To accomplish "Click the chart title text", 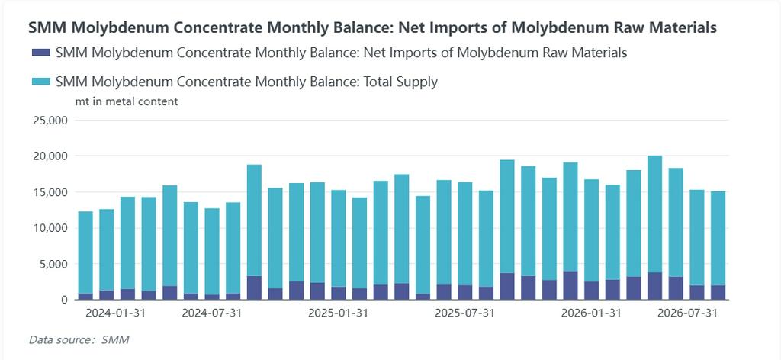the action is (x=372, y=27).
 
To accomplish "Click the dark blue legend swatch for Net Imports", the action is (x=40, y=53).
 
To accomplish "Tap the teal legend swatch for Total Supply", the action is (x=40, y=81).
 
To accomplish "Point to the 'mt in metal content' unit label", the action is (x=127, y=101).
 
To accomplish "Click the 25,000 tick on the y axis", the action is (x=50, y=120).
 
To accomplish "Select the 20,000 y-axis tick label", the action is (x=50, y=156).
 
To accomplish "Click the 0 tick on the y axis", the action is (x=64, y=300).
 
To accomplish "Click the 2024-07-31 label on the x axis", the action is (x=212, y=313).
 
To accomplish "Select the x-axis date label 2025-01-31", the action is (x=338, y=313).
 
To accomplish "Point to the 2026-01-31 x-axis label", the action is (x=591, y=313).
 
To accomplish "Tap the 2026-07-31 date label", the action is (x=688, y=313).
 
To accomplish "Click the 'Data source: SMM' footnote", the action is (x=79, y=340).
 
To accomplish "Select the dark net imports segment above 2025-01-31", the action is (x=339, y=294).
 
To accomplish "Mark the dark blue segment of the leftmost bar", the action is (x=85, y=296).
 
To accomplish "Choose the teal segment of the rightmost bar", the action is (x=718, y=238).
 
